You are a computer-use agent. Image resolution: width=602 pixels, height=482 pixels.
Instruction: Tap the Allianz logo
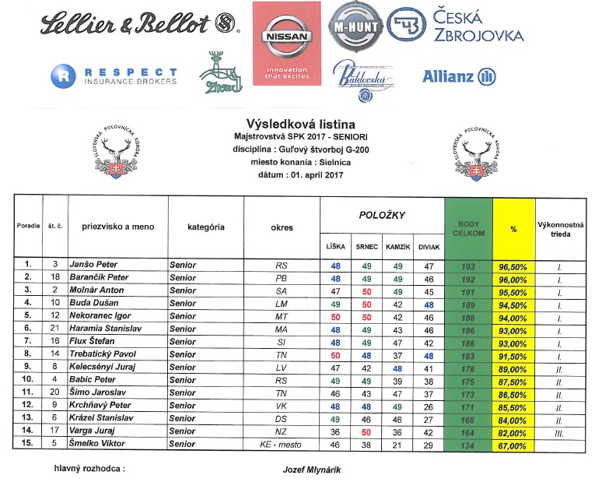coord(459,76)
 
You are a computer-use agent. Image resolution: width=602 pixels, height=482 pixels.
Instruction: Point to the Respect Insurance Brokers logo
coord(114,76)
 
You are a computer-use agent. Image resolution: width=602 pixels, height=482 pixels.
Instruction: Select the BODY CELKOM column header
coord(468,229)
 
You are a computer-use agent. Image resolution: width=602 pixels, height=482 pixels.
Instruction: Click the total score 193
coord(468,266)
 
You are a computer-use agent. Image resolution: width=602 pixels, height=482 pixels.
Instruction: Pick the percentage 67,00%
coord(514,445)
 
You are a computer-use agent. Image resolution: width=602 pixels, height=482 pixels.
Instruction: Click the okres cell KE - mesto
coord(282,445)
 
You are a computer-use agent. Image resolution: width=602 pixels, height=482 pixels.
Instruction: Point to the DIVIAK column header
coord(428,247)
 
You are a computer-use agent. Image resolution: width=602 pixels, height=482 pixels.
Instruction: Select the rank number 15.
coord(28,445)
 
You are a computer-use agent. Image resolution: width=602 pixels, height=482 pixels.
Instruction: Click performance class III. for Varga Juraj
coord(557,431)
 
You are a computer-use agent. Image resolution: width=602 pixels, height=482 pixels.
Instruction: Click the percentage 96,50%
coord(514,266)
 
